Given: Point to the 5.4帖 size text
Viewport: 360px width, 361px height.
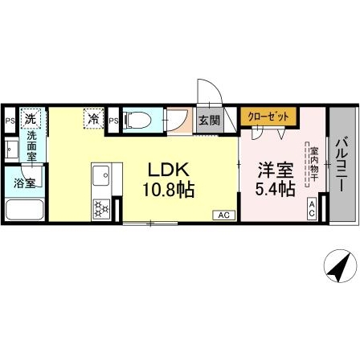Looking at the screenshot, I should coord(275,190).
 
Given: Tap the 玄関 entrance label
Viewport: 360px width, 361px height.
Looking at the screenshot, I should coord(208,121).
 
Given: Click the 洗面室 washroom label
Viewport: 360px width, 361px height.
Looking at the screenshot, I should coord(31,147).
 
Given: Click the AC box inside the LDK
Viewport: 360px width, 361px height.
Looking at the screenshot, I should coord(223,214).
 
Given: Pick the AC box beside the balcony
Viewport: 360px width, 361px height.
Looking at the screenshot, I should coord(312,208).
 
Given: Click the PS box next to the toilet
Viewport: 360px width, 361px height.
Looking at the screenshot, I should coord(114,121).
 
